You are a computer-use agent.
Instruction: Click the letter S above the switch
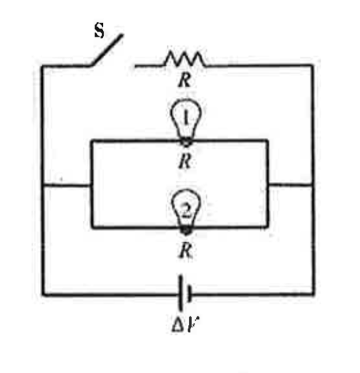pos(99,31)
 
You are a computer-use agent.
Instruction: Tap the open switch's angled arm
pos(106,50)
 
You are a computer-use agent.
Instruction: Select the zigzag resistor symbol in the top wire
pos(183,59)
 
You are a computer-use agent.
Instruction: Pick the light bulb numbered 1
pos(184,119)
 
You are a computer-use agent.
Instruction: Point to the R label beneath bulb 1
pos(184,162)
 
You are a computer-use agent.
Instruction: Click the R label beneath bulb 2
pos(185,251)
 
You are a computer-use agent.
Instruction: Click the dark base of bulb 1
pos(185,140)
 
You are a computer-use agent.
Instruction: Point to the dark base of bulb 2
pos(185,229)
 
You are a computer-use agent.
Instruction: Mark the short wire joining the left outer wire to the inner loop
pos(67,185)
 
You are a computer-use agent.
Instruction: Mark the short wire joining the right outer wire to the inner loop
pos(291,185)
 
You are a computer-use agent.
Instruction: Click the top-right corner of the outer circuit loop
pos(313,65)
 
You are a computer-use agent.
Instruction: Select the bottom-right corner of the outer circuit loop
pos(314,294)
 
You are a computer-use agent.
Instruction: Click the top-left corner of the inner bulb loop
pos(92,140)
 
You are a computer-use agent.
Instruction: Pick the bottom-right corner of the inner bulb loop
pos(268,227)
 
